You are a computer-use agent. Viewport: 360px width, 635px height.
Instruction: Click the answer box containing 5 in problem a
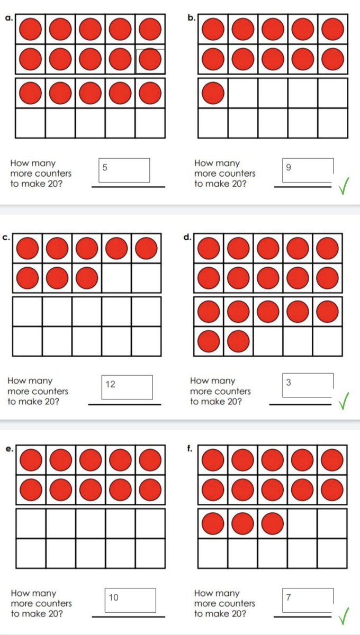click(x=125, y=170)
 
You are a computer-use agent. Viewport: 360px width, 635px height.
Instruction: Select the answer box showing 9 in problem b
click(x=309, y=170)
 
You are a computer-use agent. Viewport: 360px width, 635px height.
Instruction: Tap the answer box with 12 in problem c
click(x=127, y=387)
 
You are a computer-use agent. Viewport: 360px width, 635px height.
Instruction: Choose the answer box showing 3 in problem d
click(x=308, y=385)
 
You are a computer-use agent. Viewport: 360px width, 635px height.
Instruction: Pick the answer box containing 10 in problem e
click(x=130, y=600)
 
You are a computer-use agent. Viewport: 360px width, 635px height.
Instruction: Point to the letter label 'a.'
click(x=8, y=18)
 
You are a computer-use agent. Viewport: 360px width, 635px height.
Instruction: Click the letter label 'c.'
click(x=6, y=238)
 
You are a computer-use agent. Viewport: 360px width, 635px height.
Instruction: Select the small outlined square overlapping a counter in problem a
click(x=150, y=61)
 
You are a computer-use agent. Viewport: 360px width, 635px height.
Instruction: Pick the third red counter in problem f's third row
click(x=272, y=523)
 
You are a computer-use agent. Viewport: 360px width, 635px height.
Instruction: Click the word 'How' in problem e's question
click(x=20, y=593)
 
